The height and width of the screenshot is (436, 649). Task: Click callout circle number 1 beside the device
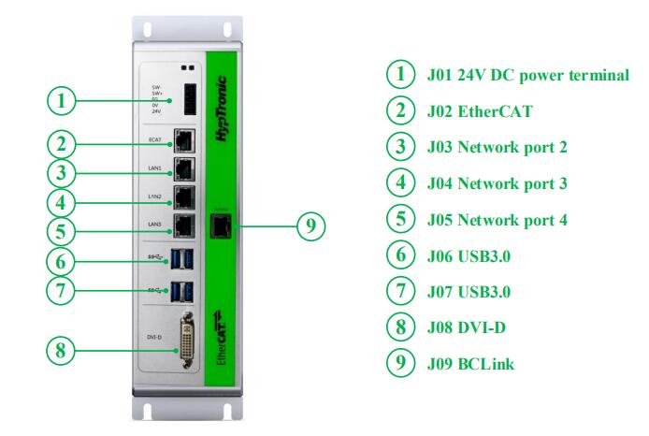pos(61,98)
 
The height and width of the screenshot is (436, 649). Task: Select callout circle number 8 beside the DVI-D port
pos(61,351)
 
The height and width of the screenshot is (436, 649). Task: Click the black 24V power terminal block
pos(190,98)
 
